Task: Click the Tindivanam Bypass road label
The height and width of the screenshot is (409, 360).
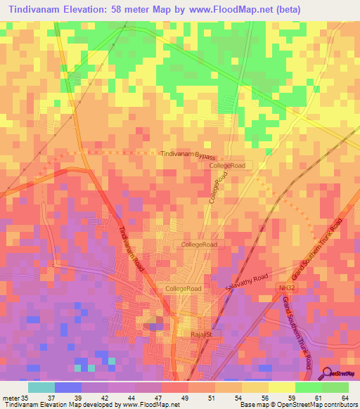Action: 187,154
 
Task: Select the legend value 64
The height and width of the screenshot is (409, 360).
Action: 344,398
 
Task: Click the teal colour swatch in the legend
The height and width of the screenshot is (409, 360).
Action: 41,387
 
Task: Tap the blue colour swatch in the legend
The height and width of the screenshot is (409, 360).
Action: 68,387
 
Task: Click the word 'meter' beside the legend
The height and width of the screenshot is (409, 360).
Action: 10,398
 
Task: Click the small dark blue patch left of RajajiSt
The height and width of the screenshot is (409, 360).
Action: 155,324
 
